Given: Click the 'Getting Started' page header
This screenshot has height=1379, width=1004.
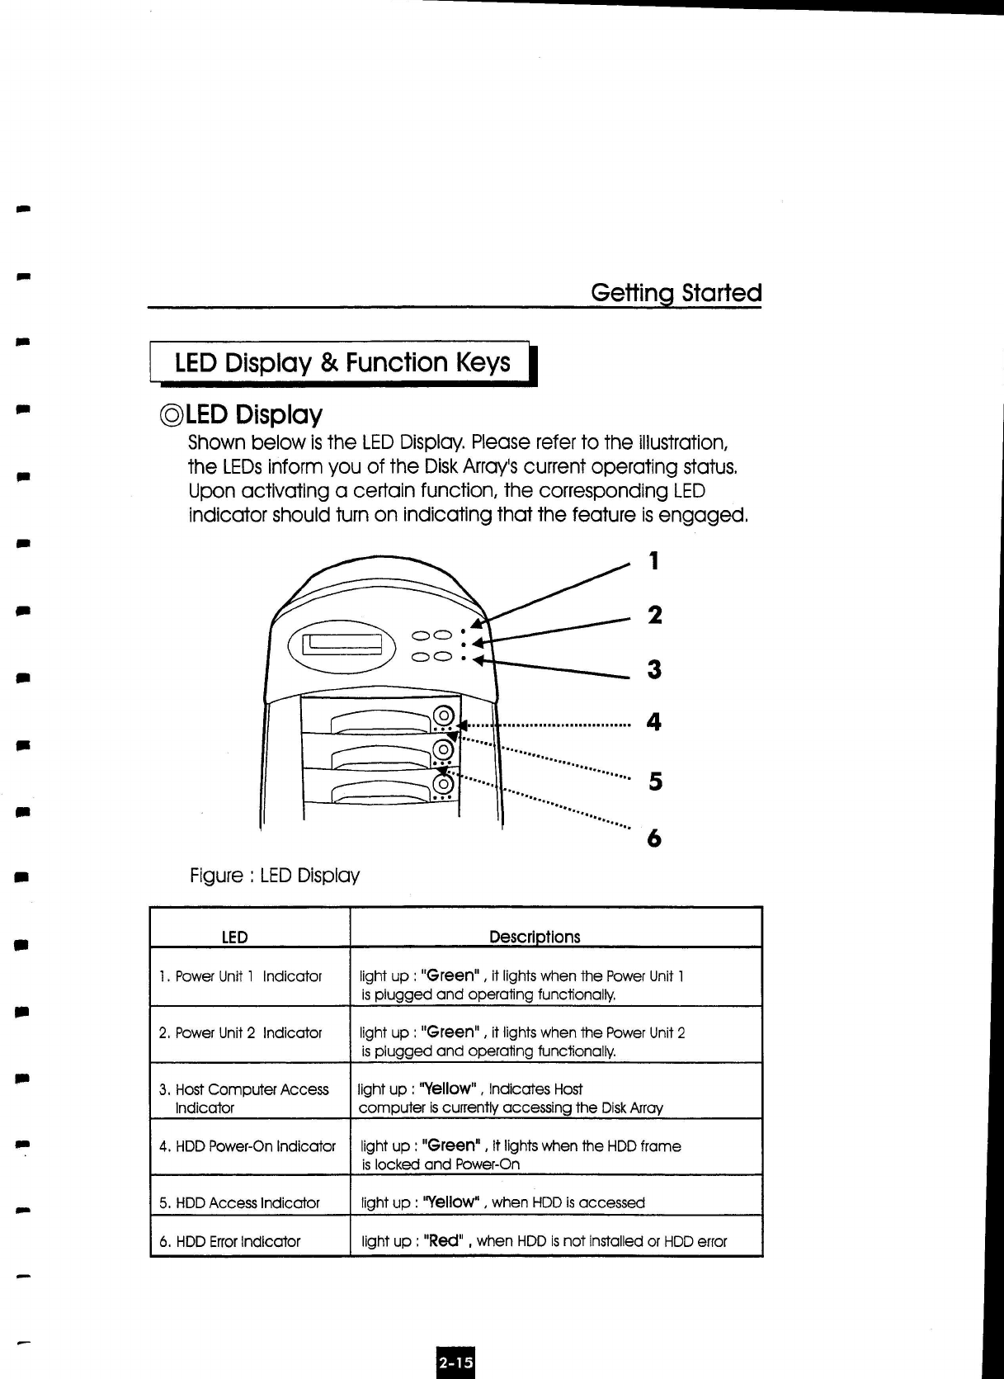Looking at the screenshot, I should click(676, 293).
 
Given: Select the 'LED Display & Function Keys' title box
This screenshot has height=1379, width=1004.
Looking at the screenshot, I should click(342, 363).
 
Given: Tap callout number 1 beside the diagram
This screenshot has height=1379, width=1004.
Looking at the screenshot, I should click(654, 561).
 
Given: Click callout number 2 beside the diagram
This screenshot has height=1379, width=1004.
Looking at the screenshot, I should click(654, 615).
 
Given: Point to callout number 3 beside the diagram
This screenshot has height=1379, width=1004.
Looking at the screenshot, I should click(654, 668).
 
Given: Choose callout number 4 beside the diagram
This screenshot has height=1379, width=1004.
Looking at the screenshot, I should click(654, 722).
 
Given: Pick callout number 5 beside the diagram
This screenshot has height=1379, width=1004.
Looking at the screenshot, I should click(655, 781).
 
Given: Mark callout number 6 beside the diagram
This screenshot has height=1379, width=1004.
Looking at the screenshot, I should click(654, 838).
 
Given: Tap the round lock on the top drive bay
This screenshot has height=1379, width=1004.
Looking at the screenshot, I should click(444, 715).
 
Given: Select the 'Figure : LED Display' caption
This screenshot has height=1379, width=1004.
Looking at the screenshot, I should click(275, 875).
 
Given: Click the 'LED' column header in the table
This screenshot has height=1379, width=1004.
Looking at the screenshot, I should click(235, 937).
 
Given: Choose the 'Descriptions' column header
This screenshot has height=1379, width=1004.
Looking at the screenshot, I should click(535, 937).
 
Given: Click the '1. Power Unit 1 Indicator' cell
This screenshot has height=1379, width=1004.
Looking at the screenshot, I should click(240, 976).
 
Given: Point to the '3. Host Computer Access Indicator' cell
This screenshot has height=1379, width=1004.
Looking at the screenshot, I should click(243, 1098).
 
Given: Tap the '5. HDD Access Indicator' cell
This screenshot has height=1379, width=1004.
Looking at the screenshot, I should click(239, 1202).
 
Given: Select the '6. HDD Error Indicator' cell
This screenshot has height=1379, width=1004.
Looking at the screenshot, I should click(229, 1241).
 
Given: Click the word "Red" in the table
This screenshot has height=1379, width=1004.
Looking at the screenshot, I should click(445, 1241).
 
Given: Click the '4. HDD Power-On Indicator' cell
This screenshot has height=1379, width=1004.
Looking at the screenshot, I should click(247, 1146).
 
